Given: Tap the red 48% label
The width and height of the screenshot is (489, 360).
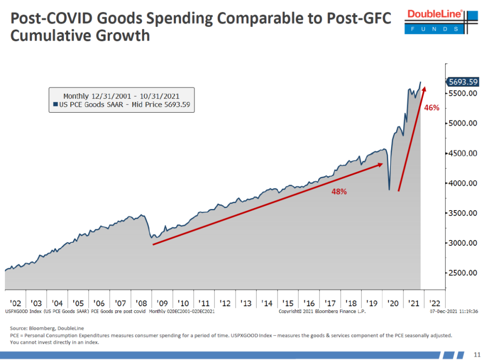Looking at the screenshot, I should (x=339, y=192).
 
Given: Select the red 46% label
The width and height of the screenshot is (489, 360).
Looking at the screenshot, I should (x=432, y=108).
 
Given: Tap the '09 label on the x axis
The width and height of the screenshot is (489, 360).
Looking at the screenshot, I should (x=162, y=303).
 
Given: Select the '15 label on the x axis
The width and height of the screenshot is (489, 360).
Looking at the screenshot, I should (x=288, y=303).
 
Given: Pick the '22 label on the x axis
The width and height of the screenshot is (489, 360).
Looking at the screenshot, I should (x=434, y=303).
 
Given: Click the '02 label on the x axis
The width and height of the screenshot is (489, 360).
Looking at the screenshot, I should (x=15, y=303).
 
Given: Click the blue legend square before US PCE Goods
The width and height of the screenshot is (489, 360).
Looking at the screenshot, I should (x=55, y=105).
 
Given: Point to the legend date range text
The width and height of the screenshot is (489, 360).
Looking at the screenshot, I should (x=121, y=96).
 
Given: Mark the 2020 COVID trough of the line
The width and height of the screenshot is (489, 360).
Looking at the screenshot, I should (x=389, y=189).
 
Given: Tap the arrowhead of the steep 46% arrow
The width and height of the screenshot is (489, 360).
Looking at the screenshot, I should (x=424, y=88).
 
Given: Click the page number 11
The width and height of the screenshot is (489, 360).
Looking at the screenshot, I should (x=477, y=354).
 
